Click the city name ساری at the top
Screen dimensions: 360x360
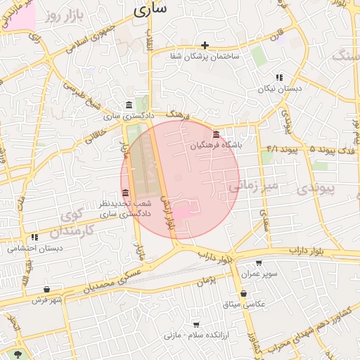pos(150,10)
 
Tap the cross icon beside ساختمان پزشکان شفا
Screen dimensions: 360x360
pos(205,45)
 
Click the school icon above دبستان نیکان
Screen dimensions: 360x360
pos(279,78)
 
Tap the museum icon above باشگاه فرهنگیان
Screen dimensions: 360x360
pos(215,134)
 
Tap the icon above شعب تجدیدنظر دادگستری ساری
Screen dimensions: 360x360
pos(125,193)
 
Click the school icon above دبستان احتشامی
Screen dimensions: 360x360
pos(34,238)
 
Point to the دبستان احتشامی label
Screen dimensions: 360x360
pos(35,248)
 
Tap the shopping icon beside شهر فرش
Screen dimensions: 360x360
pos(46,289)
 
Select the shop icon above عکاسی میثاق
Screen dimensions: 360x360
pos(243,293)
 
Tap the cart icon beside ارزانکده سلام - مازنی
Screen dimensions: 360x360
pos(195,324)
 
